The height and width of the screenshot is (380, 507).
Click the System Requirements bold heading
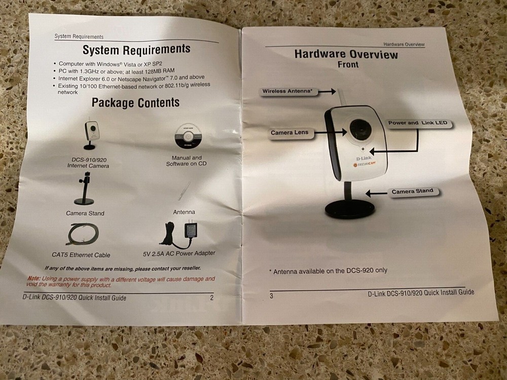(x=136, y=50)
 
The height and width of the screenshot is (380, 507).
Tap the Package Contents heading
(x=135, y=102)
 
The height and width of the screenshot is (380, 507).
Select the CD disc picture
(x=188, y=136)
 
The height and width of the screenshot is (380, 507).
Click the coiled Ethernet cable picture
(x=83, y=234)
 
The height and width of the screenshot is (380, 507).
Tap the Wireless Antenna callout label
(x=287, y=91)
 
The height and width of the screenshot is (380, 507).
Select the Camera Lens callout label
(x=289, y=132)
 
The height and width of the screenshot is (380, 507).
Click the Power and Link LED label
(x=418, y=123)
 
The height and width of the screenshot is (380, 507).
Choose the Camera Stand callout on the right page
(x=412, y=192)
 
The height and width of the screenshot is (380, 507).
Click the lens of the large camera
(x=360, y=131)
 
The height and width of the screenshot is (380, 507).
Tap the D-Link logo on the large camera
(x=364, y=158)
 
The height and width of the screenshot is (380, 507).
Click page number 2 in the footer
(x=212, y=297)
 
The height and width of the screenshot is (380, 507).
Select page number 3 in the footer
(x=271, y=296)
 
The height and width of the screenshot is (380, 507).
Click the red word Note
(x=34, y=278)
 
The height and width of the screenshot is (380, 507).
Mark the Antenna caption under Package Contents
(x=184, y=212)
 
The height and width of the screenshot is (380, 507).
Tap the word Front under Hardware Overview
(x=348, y=64)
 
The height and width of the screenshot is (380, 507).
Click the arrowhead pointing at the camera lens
(x=344, y=132)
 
